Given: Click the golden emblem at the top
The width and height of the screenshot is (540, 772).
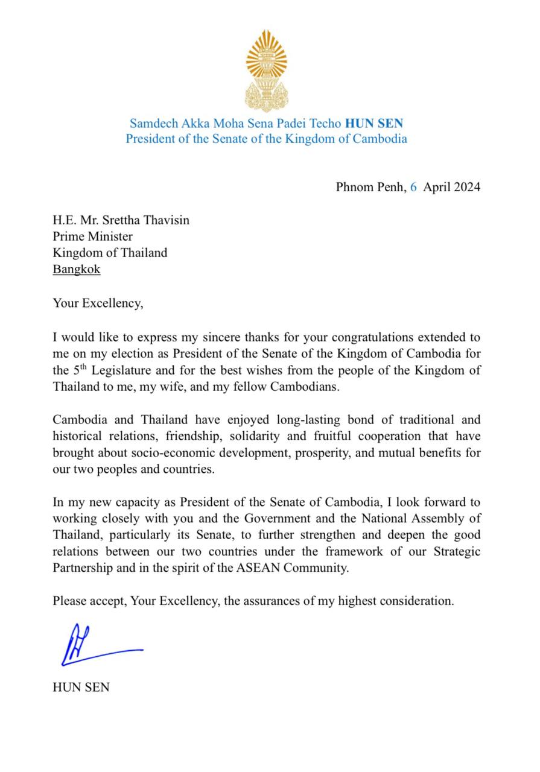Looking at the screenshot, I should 266,71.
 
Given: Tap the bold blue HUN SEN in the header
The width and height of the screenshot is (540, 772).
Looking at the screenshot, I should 374,124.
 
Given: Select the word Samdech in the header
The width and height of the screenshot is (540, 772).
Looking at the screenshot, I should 153,124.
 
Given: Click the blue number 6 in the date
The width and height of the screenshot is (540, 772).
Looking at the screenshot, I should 413,187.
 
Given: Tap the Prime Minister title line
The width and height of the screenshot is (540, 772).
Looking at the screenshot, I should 92,236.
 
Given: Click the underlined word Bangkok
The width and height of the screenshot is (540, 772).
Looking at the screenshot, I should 77,269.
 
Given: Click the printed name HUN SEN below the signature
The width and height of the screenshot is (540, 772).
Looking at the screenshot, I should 81,686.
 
